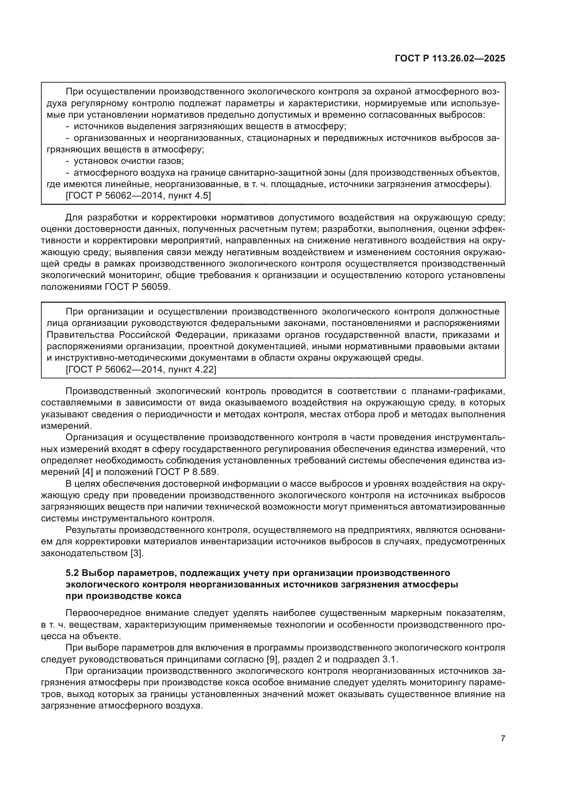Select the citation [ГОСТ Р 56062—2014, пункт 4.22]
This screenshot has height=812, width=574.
(141, 370)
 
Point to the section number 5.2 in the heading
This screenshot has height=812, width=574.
(73, 572)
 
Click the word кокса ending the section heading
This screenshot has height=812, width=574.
(168, 596)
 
